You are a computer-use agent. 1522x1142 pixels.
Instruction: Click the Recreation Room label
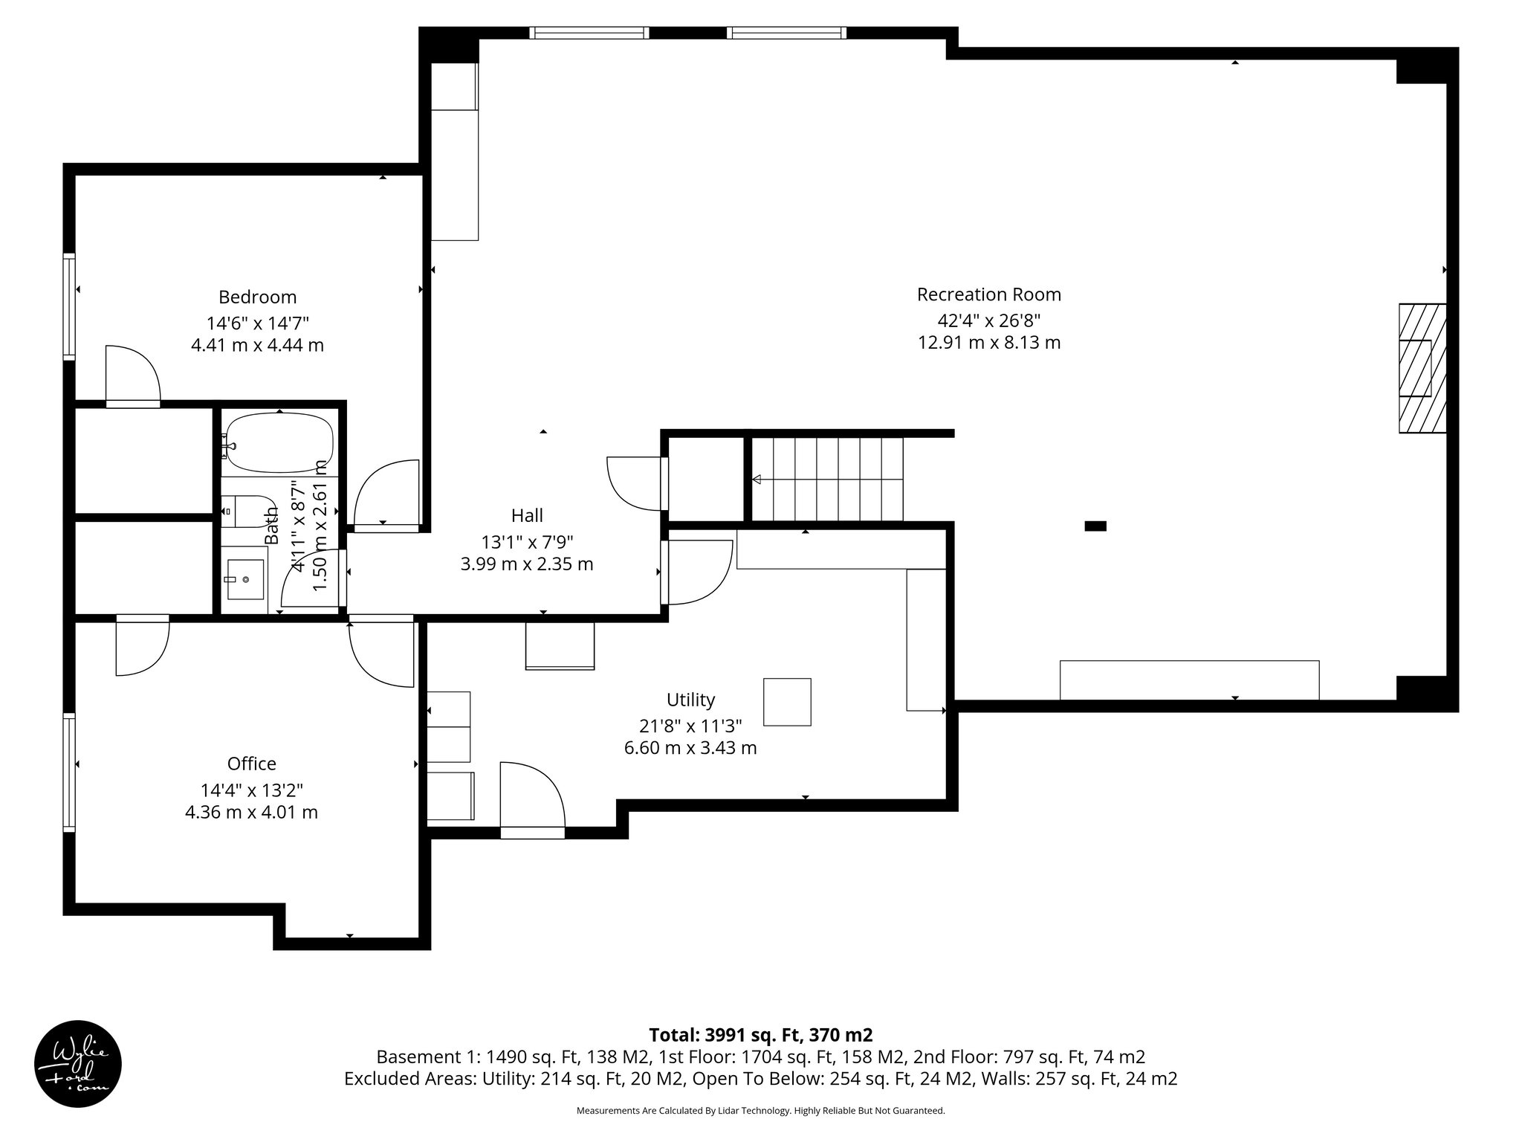988,294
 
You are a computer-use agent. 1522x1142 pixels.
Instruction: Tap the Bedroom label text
257,297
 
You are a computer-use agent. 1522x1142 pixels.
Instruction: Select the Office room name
251,764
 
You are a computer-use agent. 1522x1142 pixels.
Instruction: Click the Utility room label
690,700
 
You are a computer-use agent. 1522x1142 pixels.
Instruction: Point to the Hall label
527,515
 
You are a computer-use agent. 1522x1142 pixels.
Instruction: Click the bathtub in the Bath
279,444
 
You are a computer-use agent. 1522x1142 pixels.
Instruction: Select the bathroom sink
245,579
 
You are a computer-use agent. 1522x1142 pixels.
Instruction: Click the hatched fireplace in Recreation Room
1422,368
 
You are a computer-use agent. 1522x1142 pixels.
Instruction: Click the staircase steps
826,480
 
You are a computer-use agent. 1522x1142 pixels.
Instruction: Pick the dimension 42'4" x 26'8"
988,320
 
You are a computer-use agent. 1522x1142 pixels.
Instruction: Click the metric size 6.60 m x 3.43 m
690,748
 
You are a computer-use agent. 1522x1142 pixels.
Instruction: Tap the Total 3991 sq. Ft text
760,1035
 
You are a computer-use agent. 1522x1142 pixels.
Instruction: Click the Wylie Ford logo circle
78,1064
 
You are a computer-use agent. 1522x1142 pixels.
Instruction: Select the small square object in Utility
787,702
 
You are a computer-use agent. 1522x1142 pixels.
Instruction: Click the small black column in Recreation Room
1095,526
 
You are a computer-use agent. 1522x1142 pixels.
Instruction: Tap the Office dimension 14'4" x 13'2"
251,790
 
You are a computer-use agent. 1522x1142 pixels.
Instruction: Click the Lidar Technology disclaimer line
760,1111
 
